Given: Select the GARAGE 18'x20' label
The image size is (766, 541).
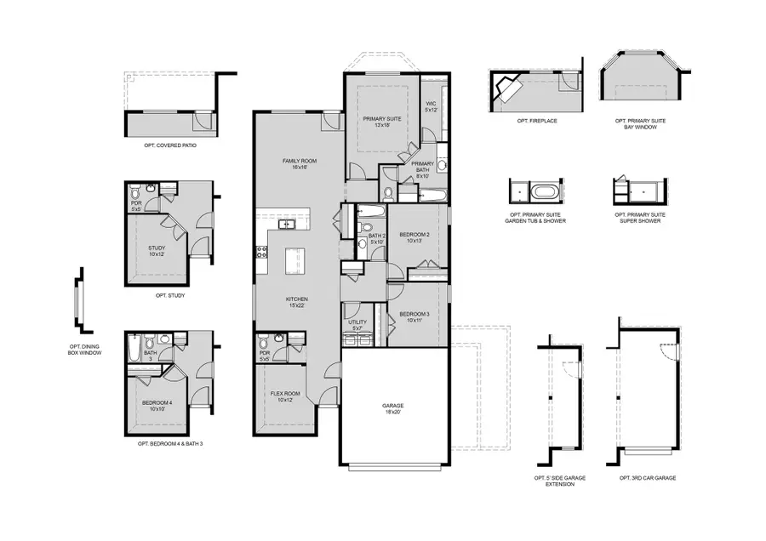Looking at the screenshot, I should click(393, 408).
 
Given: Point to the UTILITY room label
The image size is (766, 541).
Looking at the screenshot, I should click(357, 324).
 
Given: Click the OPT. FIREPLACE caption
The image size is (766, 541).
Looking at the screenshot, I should click(536, 121).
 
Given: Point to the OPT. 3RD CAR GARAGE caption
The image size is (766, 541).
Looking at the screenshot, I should click(648, 479).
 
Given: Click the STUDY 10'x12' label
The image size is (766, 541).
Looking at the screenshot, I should click(156, 251).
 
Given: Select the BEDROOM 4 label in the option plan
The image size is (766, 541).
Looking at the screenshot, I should click(156, 405).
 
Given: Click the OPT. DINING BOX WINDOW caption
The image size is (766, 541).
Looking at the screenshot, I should click(85, 352).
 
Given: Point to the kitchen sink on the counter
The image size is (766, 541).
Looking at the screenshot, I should click(285, 225).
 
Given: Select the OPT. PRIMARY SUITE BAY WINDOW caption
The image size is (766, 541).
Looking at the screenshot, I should click(640, 124).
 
